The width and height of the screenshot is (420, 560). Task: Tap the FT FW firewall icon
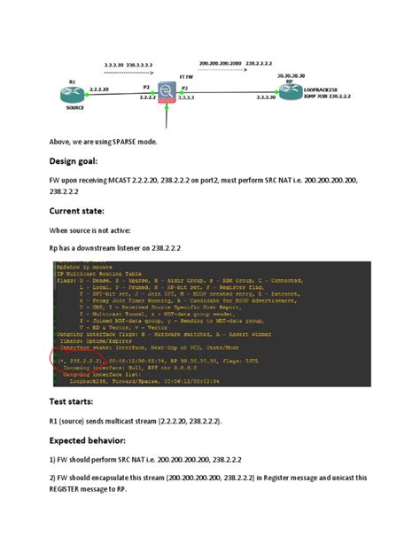point(167,91)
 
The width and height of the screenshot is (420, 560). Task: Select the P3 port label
point(184,88)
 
